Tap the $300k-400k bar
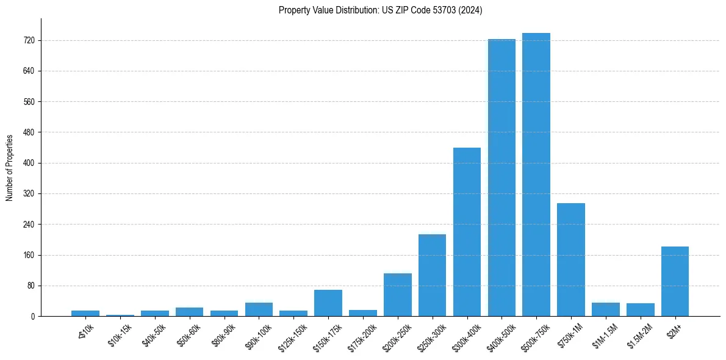point(467,232)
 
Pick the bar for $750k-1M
point(571,259)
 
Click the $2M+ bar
point(675,281)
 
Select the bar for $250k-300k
point(432,275)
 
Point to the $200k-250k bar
point(397,295)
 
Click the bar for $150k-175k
point(328,303)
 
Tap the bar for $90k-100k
point(259,309)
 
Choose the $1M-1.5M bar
point(606,309)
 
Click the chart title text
point(381,10)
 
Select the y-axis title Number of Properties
point(10,167)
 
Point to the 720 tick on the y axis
point(29,40)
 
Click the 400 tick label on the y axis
point(29,163)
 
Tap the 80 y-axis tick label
point(31,286)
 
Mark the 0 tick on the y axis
point(32,316)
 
